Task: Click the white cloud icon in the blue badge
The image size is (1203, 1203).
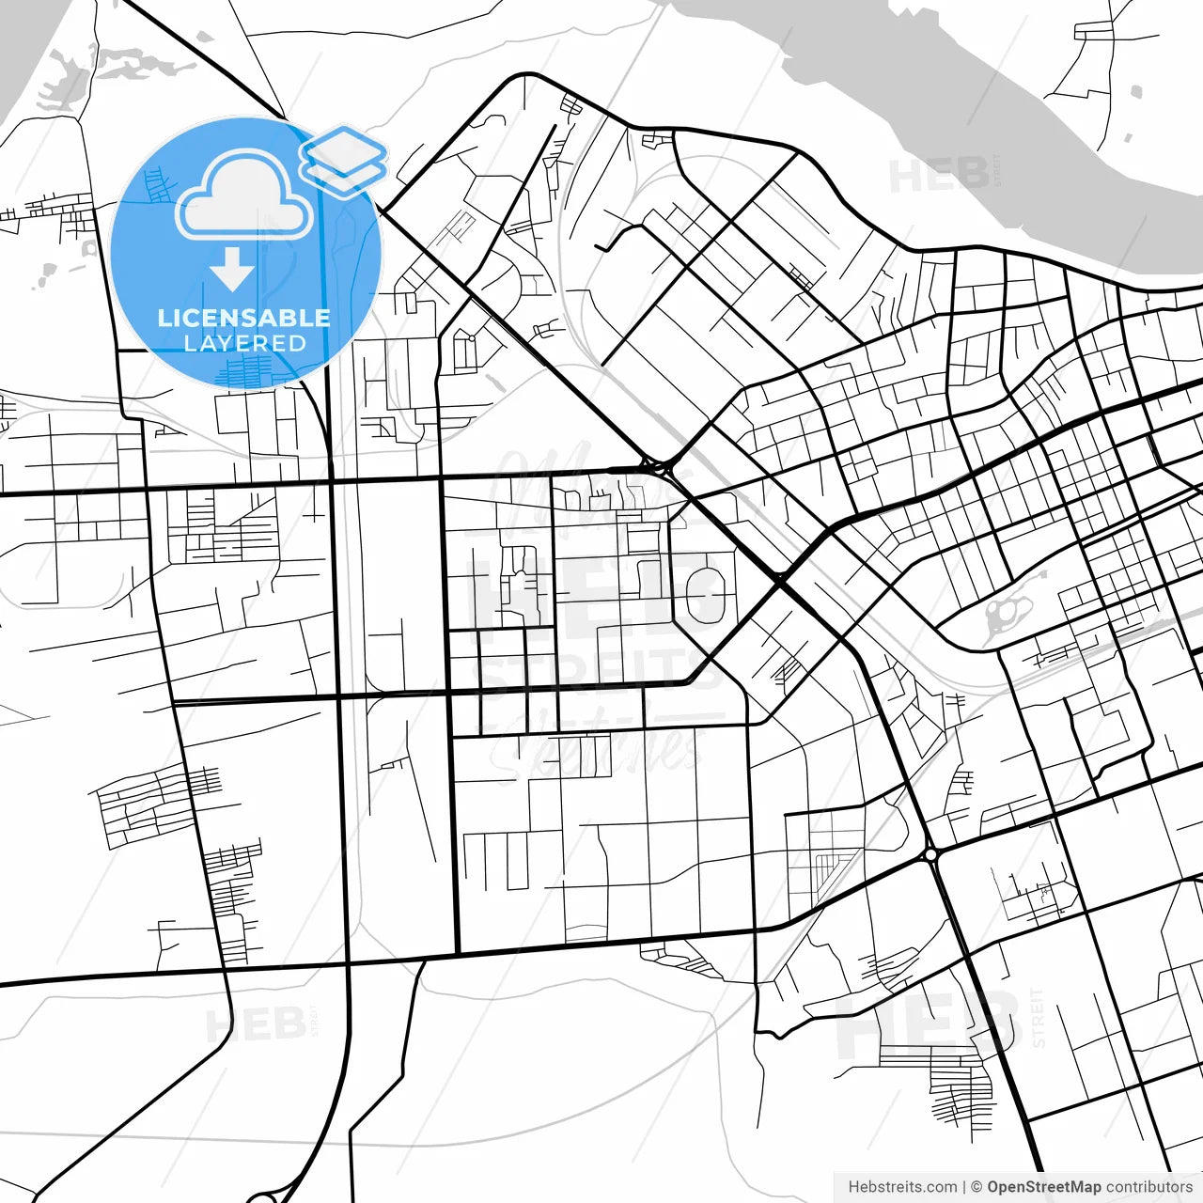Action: tap(244, 197)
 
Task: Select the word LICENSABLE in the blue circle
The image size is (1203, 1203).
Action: tap(244, 318)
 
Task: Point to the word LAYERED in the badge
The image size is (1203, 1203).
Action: tap(244, 344)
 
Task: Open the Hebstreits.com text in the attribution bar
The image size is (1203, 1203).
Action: tap(902, 1187)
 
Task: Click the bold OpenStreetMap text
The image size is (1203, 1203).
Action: tap(1043, 1187)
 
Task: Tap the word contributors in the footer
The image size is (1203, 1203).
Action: tap(1148, 1187)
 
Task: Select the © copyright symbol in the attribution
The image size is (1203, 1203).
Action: tap(976, 1187)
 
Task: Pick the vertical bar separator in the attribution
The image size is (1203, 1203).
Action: tap(964, 1187)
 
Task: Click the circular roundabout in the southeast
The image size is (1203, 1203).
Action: tap(930, 854)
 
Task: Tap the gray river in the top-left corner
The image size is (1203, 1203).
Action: tap(28, 56)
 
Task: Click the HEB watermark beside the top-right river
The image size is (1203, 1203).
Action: tap(938, 175)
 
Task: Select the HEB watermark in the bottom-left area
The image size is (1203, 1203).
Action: tap(255, 1024)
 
